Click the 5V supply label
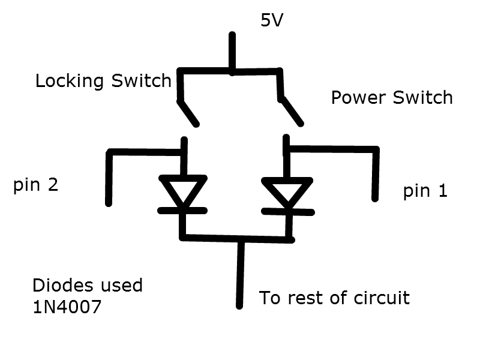pos(271,20)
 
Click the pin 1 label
pos(425,191)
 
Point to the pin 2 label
pos(35,185)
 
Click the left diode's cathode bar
pos(183,211)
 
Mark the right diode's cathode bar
pos(289,211)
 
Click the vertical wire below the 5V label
pos(232,53)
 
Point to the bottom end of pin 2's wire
pos(109,201)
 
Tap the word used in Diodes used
pos(122,285)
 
